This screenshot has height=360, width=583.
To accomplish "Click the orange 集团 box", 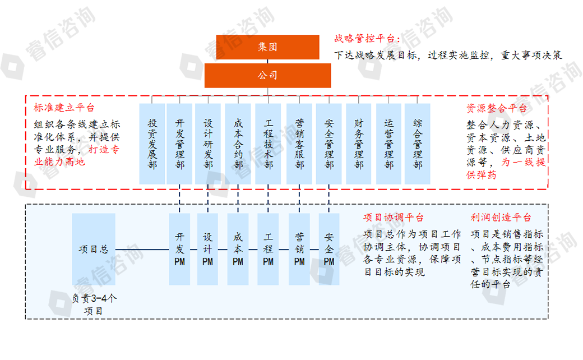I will tap(267, 48).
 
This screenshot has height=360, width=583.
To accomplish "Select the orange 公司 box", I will tap(267, 76).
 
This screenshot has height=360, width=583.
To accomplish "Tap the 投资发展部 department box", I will tap(152, 144).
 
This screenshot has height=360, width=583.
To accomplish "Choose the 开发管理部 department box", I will tap(179, 144).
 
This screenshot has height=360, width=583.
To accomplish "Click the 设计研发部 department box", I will tap(208, 144).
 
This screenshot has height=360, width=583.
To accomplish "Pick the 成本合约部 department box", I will tap(238, 144).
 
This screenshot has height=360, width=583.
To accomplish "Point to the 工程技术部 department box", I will tap(268, 144).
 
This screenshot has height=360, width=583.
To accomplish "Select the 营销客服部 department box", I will tap(299, 144).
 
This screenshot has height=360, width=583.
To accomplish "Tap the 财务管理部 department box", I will tap(359, 144).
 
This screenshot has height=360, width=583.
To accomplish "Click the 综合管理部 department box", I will tap(418, 144).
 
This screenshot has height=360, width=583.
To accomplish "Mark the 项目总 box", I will tap(94, 249).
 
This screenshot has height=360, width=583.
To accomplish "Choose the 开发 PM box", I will tap(179, 249).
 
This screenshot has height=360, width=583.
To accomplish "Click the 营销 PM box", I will tap(299, 249).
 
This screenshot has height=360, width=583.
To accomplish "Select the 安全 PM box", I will tap(329, 249).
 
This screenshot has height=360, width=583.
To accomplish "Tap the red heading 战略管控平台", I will tap(368, 39).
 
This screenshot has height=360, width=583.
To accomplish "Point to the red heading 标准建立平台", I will tap(64, 108).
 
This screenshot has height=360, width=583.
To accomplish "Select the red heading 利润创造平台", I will tap(501, 218).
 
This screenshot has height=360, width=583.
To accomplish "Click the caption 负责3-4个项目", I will tap(94, 304).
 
